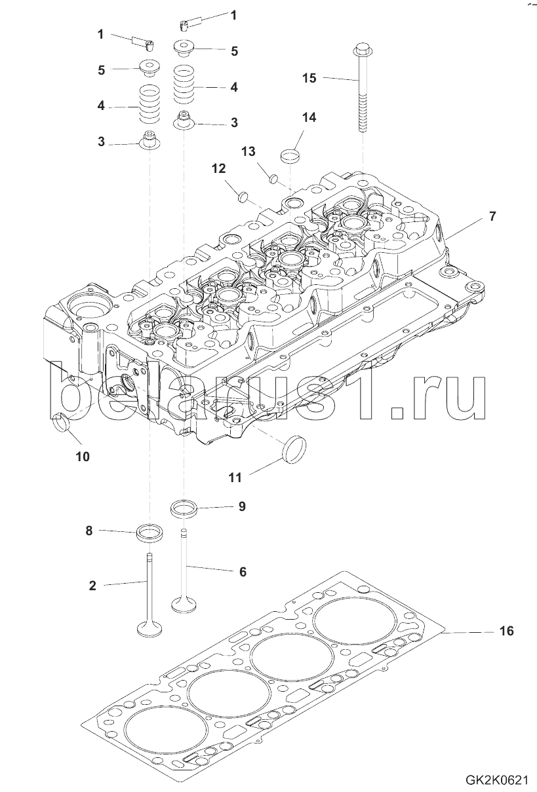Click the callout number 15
pyautogui.click(x=309, y=78)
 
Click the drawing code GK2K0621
pyautogui.click(x=497, y=781)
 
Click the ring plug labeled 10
pyautogui.click(x=63, y=424)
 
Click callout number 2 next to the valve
pyautogui.click(x=92, y=586)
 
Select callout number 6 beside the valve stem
pyautogui.click(x=242, y=571)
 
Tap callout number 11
pyautogui.click(x=235, y=478)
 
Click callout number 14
pyautogui.click(x=309, y=117)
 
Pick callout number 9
pyautogui.click(x=241, y=506)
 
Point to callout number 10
pyautogui.click(x=82, y=456)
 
